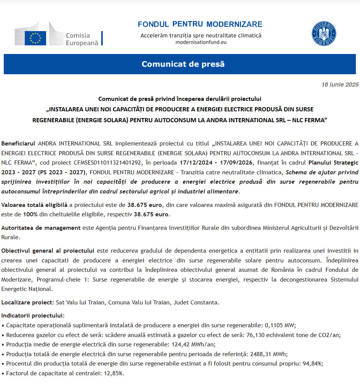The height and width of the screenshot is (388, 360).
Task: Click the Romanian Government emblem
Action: tap(324, 34)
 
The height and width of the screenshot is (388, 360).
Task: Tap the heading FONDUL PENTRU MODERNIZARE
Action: tap(200, 24)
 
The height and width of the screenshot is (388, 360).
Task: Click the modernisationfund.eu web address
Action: tap(201, 42)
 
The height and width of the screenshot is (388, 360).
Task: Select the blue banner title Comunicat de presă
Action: tap(183, 64)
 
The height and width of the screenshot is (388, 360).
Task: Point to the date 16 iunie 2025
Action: tap(340, 85)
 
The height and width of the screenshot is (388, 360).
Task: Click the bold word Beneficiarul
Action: tap(18, 144)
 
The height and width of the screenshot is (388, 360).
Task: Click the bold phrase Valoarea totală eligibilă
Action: tap(34, 205)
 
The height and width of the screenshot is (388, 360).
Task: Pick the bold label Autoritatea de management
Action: tap(41, 228)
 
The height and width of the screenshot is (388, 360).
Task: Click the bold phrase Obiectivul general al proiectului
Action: tap(47, 250)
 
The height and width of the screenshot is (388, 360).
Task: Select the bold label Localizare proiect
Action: tap(27, 302)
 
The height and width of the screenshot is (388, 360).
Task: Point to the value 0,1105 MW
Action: tap(280, 325)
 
